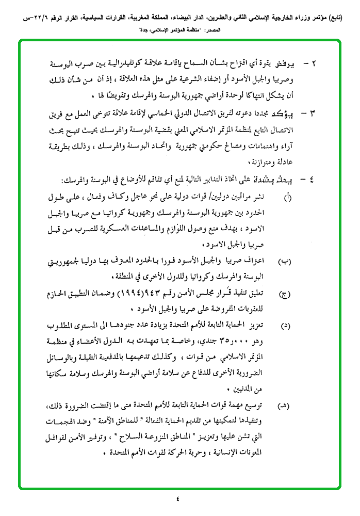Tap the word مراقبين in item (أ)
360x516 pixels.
(247, 198)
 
